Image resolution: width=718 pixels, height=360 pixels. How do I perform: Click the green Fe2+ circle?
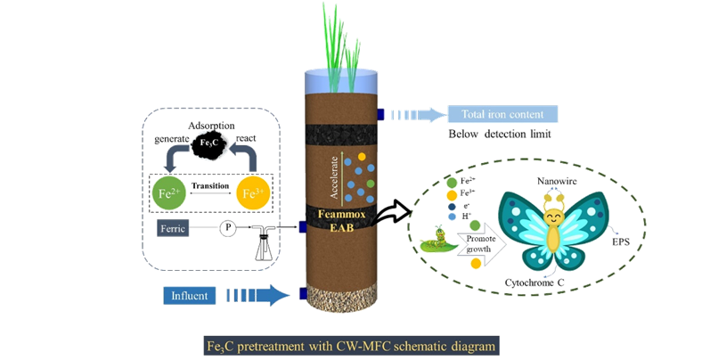pos(167,192)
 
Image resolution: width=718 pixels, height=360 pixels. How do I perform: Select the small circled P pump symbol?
pos(231,229)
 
